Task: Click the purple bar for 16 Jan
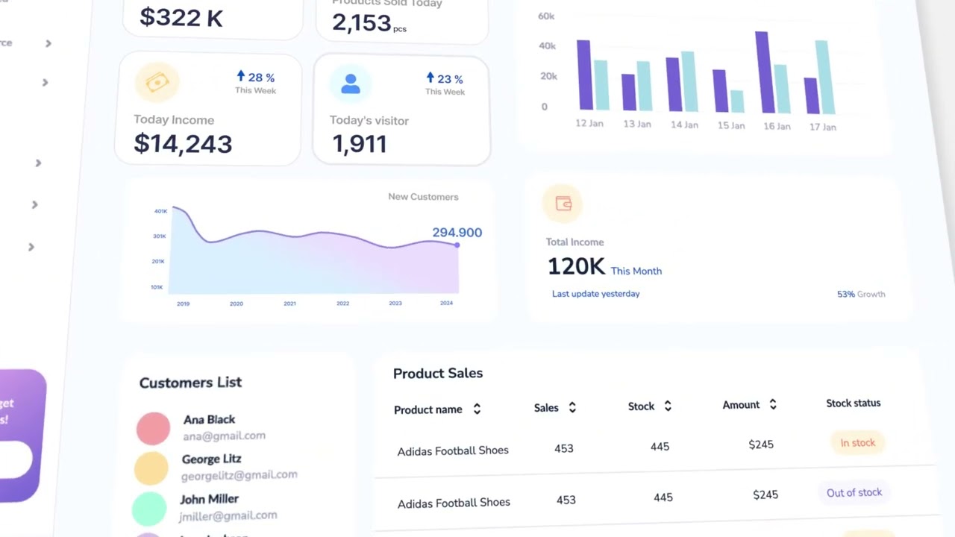(x=763, y=72)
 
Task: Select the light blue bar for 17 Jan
(x=824, y=77)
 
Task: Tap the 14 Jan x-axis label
(x=684, y=125)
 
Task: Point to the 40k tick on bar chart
(x=547, y=46)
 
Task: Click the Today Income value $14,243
(x=183, y=143)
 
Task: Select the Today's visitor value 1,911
(x=359, y=143)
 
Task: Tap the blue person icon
(x=350, y=84)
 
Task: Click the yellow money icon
(x=157, y=82)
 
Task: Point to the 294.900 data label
(x=457, y=233)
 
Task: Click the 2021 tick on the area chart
(x=289, y=304)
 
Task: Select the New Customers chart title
(x=423, y=197)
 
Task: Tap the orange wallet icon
(x=563, y=204)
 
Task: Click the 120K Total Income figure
(x=575, y=266)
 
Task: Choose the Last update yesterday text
(x=595, y=294)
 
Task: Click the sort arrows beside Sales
(x=572, y=407)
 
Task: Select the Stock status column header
(x=853, y=403)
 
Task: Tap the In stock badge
(x=857, y=443)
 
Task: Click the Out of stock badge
(x=854, y=492)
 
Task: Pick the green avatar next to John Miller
(x=149, y=509)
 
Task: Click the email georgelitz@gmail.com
(x=239, y=474)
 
